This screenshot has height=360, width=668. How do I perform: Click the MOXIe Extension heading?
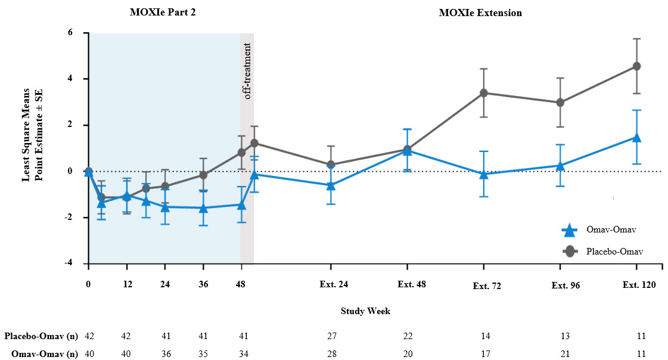pyautogui.click(x=480, y=13)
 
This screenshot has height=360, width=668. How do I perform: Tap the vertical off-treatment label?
pyautogui.click(x=247, y=70)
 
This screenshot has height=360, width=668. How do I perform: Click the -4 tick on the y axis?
pyautogui.click(x=76, y=263)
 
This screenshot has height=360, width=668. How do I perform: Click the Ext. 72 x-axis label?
pyautogui.click(x=487, y=285)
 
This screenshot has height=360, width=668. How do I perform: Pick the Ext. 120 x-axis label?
pyautogui.click(x=639, y=284)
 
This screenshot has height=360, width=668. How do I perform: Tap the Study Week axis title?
pyautogui.click(x=365, y=311)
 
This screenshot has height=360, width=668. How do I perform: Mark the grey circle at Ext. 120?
pyautogui.click(x=637, y=66)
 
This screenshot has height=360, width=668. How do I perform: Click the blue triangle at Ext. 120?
pyautogui.click(x=637, y=138)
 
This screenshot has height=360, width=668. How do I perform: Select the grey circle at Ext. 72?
pyautogui.click(x=484, y=93)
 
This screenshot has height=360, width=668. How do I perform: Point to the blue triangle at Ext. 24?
pyautogui.click(x=331, y=185)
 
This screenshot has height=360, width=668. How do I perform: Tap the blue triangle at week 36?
pyautogui.click(x=204, y=208)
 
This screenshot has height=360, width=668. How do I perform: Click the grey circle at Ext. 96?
pyautogui.click(x=560, y=103)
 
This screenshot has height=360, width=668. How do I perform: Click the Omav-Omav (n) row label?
pyautogui.click(x=44, y=353)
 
